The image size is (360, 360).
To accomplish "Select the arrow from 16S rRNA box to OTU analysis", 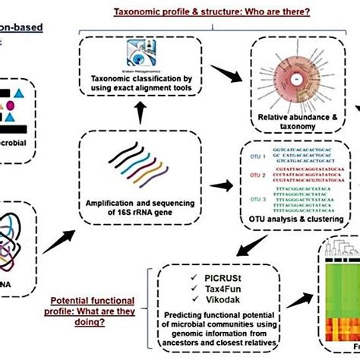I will tap(226, 185).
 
